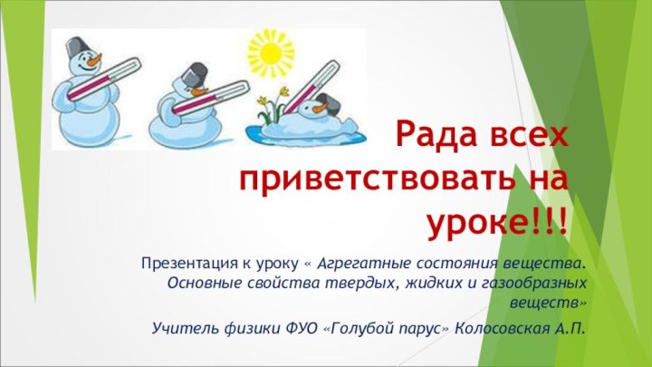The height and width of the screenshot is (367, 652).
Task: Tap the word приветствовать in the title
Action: (381, 178)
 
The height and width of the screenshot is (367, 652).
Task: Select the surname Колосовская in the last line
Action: (502, 325)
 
